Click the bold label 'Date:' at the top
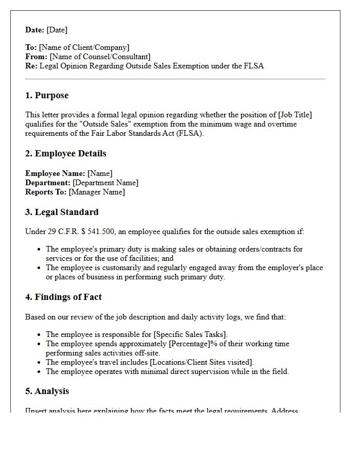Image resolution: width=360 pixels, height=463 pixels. pos(35,30)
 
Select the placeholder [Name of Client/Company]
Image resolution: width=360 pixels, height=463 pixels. pos(84,47)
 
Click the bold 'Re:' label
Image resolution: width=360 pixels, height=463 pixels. pos(31,66)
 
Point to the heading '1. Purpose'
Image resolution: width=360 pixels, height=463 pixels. pos(47,96)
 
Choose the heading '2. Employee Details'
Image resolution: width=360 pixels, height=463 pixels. pos(65,154)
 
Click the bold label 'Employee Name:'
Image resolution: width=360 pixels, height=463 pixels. pos(55,173)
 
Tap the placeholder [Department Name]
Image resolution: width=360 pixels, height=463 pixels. pos(105,183)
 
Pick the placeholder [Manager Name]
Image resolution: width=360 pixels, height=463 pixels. pos(97,192)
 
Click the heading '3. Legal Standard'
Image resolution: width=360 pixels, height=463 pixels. pos(62,212)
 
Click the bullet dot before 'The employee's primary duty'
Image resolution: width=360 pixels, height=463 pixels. pos(39,249)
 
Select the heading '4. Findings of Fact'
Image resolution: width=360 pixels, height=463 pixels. pos(63,297)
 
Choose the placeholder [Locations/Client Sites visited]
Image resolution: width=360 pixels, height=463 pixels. pos(202,362)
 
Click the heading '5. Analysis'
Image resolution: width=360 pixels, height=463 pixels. pos(47,391)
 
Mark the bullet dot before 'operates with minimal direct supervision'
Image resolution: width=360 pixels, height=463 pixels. pos(39,371)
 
